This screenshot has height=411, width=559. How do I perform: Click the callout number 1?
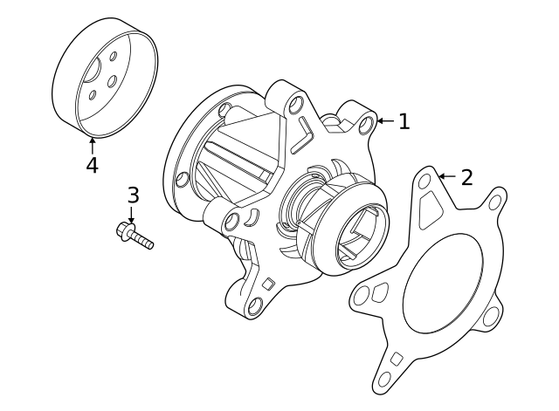pyautogui.click(x=404, y=122)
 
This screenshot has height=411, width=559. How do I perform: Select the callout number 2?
pyautogui.click(x=466, y=178)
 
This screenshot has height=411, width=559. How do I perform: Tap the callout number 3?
pyautogui.click(x=133, y=195)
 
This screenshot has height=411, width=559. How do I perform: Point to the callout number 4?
pyautogui.click(x=92, y=165)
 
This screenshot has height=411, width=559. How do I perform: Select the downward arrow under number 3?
pyautogui.click(x=132, y=215)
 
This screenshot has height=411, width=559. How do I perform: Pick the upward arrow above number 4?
pyautogui.click(x=92, y=145)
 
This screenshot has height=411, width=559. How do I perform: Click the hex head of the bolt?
pyautogui.click(x=124, y=230)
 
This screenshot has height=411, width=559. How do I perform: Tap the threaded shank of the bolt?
pyautogui.click(x=143, y=240)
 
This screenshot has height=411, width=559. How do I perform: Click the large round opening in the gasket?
pyautogui.click(x=443, y=284)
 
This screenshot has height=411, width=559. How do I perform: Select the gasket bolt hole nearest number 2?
pyautogui.click(x=424, y=182)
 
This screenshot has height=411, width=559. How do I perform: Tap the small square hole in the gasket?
pyautogui.click(x=396, y=359)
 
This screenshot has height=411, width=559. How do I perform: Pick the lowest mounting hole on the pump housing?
pyautogui.click(x=255, y=306)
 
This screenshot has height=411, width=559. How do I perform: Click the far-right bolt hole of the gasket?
pyautogui.click(x=495, y=202)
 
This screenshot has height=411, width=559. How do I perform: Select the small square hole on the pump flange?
pyautogui.click(x=269, y=283)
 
